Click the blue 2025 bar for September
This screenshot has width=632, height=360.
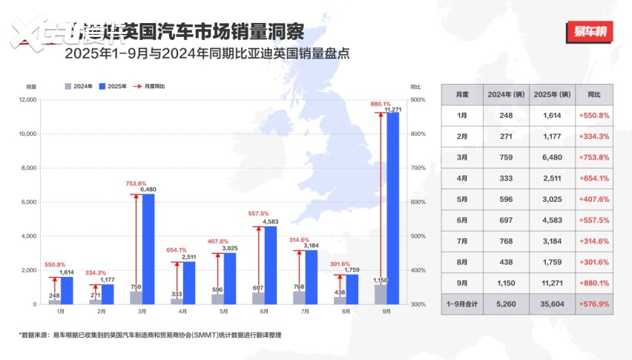[393, 208]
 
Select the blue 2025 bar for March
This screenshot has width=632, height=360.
[148, 249]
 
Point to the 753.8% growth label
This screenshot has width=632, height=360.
[136, 183]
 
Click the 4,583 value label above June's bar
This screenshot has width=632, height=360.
[271, 221]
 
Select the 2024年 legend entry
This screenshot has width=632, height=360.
[79, 86]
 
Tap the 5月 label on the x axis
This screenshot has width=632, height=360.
[223, 312]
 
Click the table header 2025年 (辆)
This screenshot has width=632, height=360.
[553, 95]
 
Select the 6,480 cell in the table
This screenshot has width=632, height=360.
[553, 157]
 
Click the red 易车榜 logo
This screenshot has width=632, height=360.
[590, 33]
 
